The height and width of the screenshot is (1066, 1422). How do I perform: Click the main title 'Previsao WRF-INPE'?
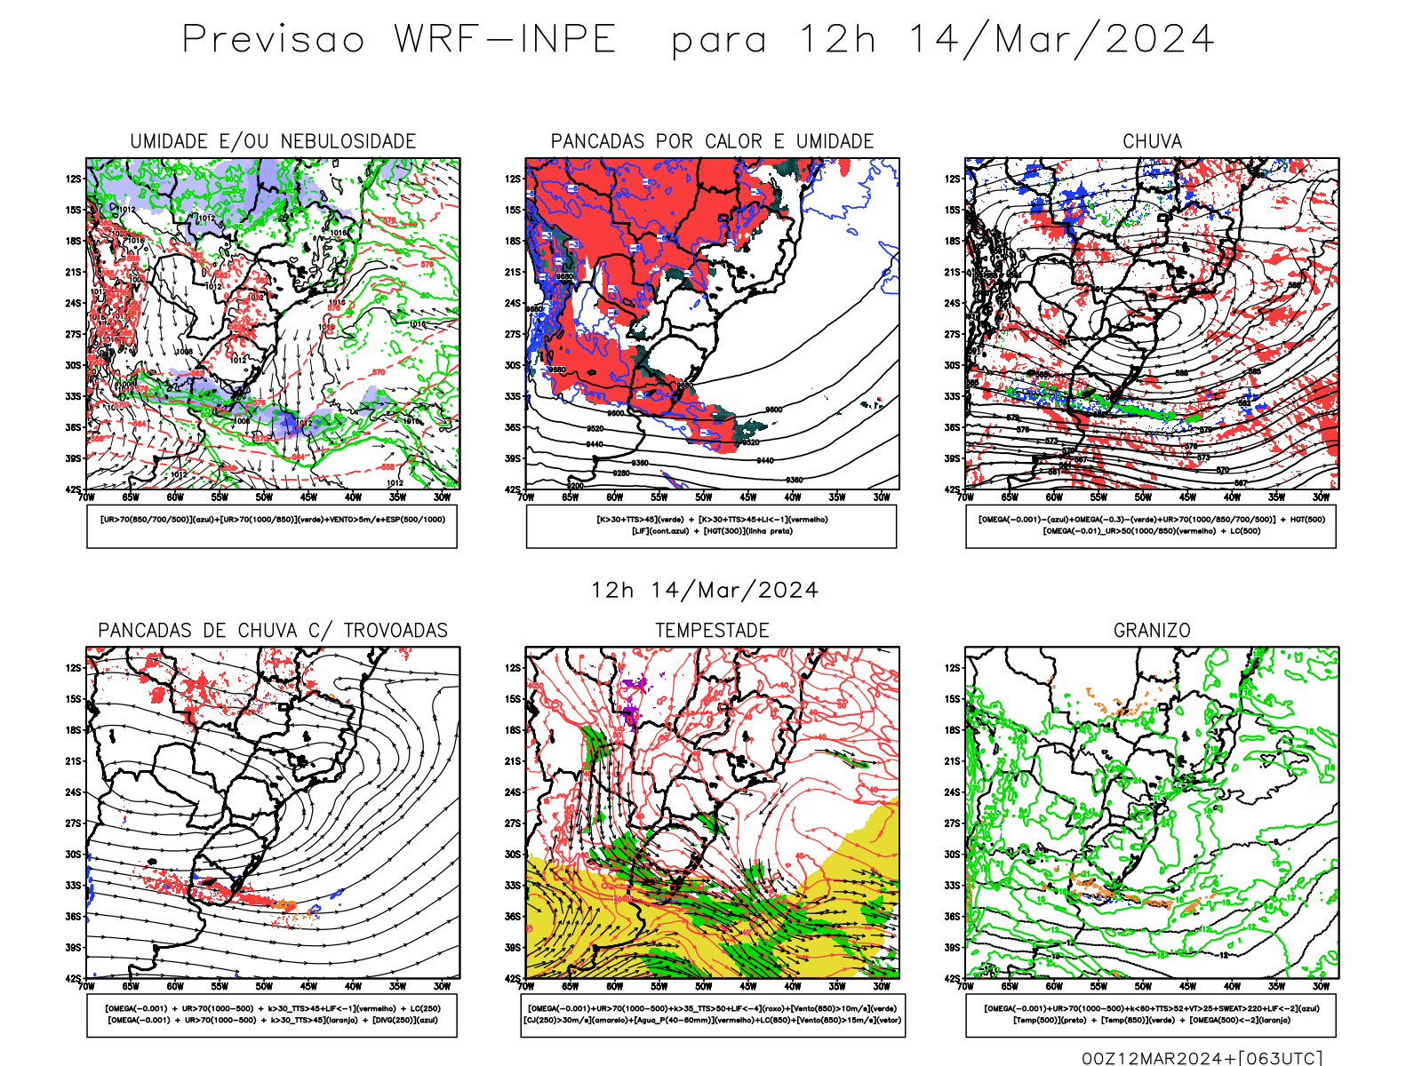point(399,39)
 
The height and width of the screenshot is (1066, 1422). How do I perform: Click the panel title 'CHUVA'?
point(1152,141)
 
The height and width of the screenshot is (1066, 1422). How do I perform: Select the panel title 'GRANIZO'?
point(1152,630)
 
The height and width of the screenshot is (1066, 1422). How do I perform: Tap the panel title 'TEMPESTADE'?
point(712,630)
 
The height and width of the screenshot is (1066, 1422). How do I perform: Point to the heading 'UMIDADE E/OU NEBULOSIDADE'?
point(273,141)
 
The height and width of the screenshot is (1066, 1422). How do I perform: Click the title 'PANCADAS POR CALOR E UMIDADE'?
point(712,141)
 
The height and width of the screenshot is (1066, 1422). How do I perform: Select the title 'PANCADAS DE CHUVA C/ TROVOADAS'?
point(273,630)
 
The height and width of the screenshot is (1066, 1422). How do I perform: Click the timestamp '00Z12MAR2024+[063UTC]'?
point(1202,1058)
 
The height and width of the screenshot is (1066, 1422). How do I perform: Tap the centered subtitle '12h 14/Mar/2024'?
point(705,590)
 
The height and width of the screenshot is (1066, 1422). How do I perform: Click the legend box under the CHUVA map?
point(1151,526)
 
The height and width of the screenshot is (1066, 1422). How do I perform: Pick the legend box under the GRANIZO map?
point(1151,1014)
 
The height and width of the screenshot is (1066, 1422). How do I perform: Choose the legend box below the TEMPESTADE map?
point(712,1014)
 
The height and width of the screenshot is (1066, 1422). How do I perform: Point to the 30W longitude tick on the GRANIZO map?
point(1321,986)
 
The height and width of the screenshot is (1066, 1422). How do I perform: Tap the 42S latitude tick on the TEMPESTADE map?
point(513,978)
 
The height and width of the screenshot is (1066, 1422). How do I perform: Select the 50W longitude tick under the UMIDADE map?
point(264,497)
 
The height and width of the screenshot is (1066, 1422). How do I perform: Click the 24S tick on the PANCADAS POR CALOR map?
point(513,303)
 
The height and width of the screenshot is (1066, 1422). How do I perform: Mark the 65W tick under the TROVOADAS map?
point(131,986)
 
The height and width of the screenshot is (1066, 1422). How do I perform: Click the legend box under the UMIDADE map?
point(272,526)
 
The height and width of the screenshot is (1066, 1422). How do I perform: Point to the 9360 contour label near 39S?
point(639,463)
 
